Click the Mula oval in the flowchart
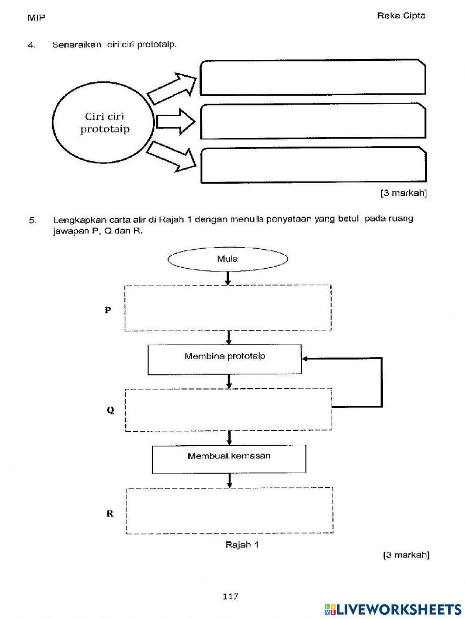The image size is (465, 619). [227, 259]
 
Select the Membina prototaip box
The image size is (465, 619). [225, 359]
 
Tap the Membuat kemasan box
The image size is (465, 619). [229, 459]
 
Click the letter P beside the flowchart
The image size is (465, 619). [108, 310]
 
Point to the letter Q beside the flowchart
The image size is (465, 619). [110, 410]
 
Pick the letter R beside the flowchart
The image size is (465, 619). [110, 514]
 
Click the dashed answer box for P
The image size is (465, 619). [227, 308]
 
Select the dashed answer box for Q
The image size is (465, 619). [228, 409]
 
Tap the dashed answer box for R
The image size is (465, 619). [230, 510]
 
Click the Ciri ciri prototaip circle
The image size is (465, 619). [103, 123]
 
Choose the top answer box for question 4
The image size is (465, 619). [313, 78]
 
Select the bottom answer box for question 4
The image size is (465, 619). [313, 165]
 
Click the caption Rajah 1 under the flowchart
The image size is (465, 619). [242, 545]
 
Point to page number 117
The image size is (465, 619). [230, 596]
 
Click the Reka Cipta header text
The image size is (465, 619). [401, 15]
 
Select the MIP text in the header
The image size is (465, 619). [36, 18]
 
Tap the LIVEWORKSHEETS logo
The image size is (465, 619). [392, 609]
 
